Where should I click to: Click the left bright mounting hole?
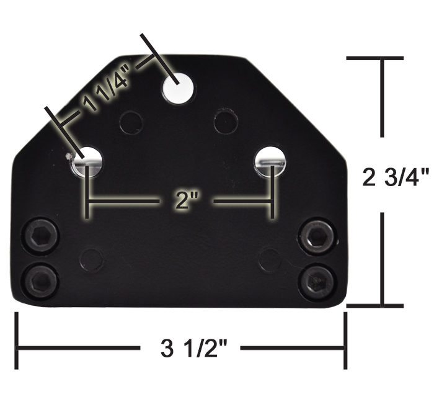[87, 160]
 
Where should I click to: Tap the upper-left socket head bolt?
[41, 236]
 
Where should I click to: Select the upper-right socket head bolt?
[317, 236]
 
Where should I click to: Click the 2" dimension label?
[180, 202]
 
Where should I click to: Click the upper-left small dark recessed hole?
[131, 122]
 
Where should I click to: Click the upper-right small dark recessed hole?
[225, 122]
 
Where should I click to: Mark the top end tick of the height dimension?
[374, 58]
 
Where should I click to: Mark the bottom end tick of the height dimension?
[374, 305]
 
